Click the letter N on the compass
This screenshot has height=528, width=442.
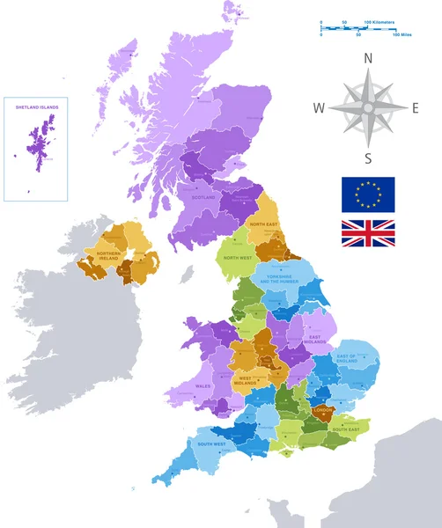[369, 59]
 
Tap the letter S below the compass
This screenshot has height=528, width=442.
[368, 158]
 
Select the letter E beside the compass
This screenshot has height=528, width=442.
[416, 108]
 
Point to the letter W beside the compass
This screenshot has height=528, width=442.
[319, 108]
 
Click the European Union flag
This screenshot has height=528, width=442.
[368, 194]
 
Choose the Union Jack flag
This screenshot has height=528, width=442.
[368, 233]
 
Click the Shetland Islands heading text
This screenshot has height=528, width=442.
[36, 106]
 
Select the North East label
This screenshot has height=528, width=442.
[263, 224]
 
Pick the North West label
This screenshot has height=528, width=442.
[239, 258]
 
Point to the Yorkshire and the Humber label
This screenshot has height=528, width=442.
[287, 286]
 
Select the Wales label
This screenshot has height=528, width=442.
[203, 385]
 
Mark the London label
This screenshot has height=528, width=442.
[322, 409]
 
